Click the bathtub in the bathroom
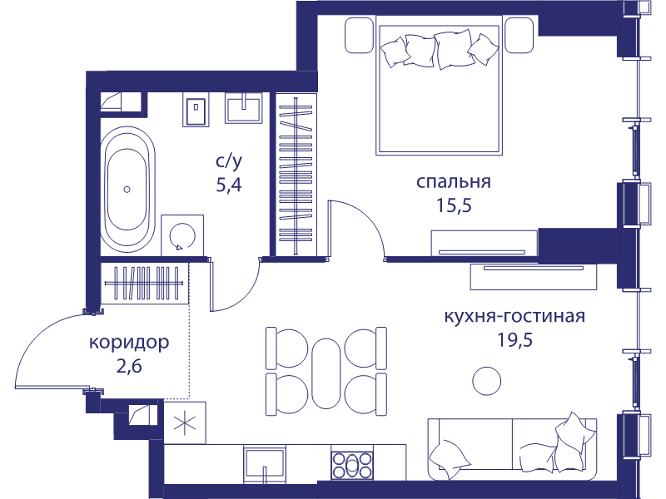127,190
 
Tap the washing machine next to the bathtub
182,235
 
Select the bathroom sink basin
243,108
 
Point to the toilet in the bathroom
196,110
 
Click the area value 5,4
228,185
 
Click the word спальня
453,182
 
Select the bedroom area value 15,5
454,205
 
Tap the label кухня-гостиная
514,317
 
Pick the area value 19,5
514,340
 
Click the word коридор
129,343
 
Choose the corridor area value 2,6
129,366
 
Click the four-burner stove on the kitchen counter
352,465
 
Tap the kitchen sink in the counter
264,466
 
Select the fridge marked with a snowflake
185,423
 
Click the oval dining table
326,373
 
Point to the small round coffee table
487,381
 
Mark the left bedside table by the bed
360,35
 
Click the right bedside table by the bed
519,35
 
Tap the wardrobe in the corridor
144,284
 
